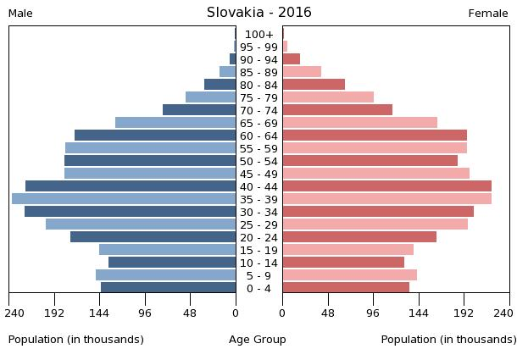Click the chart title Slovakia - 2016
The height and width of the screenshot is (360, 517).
pyautogui.click(x=258, y=13)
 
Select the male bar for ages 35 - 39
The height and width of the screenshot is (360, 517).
pyautogui.click(x=124, y=199)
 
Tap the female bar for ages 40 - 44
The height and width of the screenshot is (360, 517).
pyautogui.click(x=386, y=186)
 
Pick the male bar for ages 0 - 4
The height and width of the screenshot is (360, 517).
pyautogui.click(x=168, y=288)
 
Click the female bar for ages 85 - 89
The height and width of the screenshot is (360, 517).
pyautogui.click(x=302, y=72)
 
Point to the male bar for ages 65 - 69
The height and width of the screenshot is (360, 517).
pyautogui.click(x=175, y=123)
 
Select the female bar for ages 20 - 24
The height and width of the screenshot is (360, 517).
pyautogui.click(x=359, y=237)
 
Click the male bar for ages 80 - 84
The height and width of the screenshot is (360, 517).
pyautogui.click(x=220, y=85)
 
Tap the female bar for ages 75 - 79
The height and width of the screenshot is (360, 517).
pyautogui.click(x=328, y=97)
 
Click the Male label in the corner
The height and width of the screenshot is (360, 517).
pyautogui.click(x=20, y=14)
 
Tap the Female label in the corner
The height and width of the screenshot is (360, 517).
pyautogui.click(x=488, y=14)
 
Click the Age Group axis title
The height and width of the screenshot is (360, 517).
pyautogui.click(x=258, y=340)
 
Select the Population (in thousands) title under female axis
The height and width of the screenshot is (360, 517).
pyautogui.click(x=448, y=340)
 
